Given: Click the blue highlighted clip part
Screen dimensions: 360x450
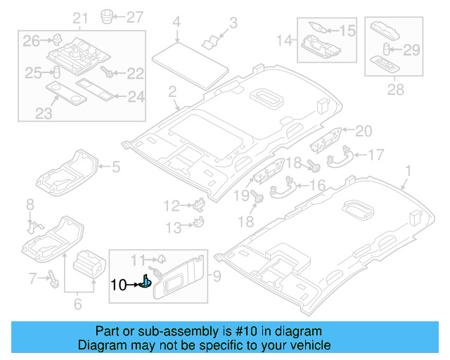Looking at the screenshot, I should coord(145,283).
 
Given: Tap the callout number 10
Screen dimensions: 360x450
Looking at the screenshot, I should coord(118,285).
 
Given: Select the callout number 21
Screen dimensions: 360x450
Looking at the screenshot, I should coord(80,18).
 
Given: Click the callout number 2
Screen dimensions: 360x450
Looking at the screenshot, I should coord(172,91).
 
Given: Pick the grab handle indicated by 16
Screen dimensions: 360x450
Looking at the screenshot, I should coord(284,186).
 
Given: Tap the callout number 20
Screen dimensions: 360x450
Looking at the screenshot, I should coord(363,130).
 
